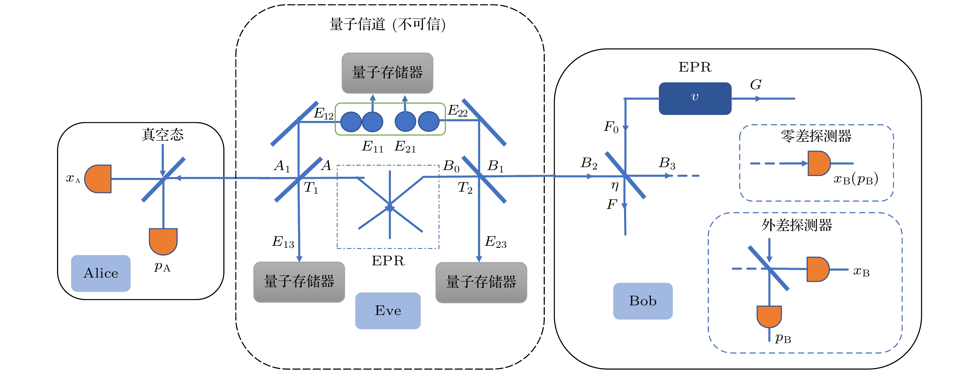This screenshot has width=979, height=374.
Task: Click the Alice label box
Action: point(101,273)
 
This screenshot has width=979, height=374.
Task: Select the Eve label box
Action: point(388,310)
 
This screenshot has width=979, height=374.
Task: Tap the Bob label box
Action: point(643,301)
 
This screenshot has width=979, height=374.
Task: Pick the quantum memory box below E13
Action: point(299,282)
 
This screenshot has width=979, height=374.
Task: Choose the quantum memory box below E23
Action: point(481,282)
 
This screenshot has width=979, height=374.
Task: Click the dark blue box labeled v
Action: point(695,98)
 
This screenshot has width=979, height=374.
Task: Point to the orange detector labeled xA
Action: point(98,179)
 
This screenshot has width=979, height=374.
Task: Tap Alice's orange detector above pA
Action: point(163,241)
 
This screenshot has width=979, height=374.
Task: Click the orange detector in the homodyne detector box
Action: point(819,163)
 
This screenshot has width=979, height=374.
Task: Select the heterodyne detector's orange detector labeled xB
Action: point(817,269)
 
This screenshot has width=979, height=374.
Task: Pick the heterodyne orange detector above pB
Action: point(769,316)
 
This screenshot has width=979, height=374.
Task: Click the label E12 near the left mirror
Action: point(323,114)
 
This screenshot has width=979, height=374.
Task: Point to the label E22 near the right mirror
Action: point(458,110)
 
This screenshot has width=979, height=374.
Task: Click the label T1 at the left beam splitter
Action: point(310,188)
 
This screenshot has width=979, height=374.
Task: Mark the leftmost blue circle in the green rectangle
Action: point(351,122)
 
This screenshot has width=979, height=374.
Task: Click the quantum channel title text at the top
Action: point(387,24)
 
